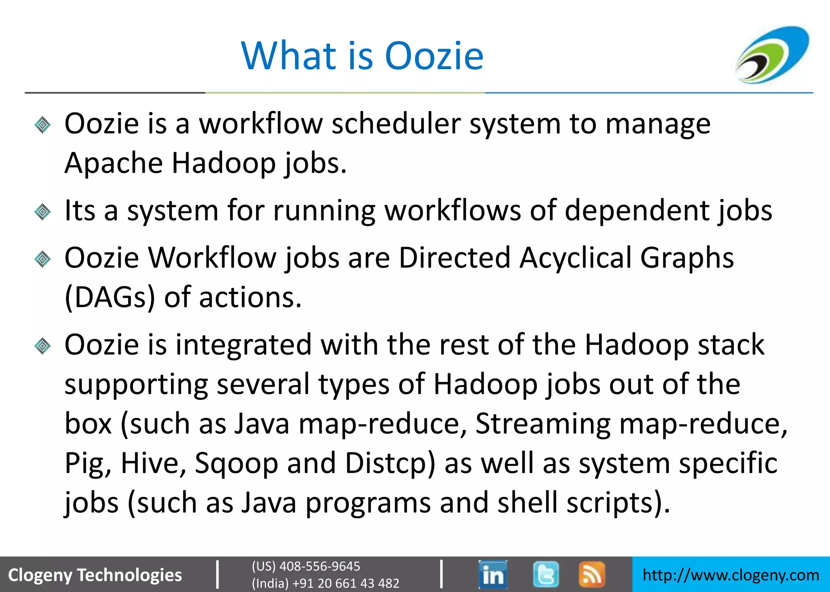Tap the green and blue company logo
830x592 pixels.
pyautogui.click(x=772, y=54)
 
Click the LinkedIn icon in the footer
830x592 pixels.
pyautogui.click(x=492, y=574)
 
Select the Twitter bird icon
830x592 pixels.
pyautogui.click(x=545, y=574)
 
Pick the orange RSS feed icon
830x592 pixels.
pyautogui.click(x=592, y=574)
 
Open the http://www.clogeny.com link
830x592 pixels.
pyautogui.click(x=731, y=575)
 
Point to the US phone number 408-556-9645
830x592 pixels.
pyautogui.click(x=306, y=566)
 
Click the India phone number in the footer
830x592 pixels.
pyautogui.click(x=325, y=583)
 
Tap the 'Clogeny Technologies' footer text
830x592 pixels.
pyautogui.click(x=95, y=575)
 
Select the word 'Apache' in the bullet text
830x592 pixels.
pyautogui.click(x=113, y=163)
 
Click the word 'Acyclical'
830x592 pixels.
pyautogui.click(x=575, y=258)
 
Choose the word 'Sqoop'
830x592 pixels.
pyautogui.click(x=236, y=463)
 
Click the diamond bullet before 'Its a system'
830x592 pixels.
pyautogui.click(x=43, y=212)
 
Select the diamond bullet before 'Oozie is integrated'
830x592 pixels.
pyautogui.click(x=43, y=346)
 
